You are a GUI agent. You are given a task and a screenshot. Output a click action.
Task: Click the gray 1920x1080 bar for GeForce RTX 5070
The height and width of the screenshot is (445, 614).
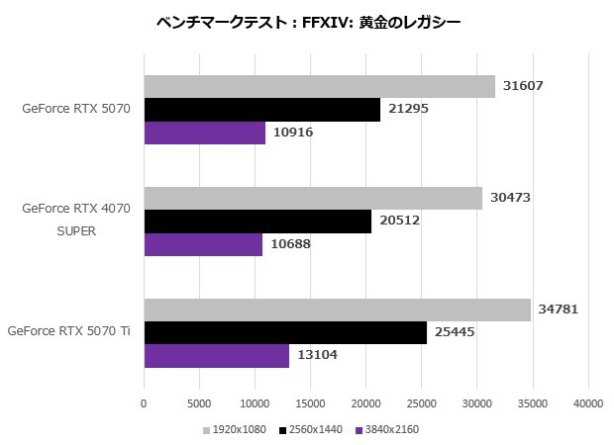pos(319,86)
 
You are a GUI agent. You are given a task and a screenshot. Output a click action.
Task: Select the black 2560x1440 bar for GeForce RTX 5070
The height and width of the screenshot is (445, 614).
pos(261,110)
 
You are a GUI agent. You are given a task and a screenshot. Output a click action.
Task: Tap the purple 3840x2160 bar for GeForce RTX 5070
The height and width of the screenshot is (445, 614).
pos(204,133)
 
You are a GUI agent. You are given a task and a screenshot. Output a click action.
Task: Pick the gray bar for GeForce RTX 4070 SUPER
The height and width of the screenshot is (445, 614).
pos(313,198)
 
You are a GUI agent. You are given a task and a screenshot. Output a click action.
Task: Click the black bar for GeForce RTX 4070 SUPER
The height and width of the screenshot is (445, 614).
pos(257,222)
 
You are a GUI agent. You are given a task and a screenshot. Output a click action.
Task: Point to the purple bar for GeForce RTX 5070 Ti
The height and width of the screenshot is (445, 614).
pos(216,356)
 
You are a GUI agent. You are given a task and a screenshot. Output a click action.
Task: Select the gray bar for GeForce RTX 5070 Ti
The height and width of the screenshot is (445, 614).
pos(337,310)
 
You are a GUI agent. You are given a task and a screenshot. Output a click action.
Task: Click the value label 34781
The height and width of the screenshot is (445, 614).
pos(559,310)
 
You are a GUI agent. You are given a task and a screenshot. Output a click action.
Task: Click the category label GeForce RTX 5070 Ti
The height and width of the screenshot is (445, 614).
pos(68,332)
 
